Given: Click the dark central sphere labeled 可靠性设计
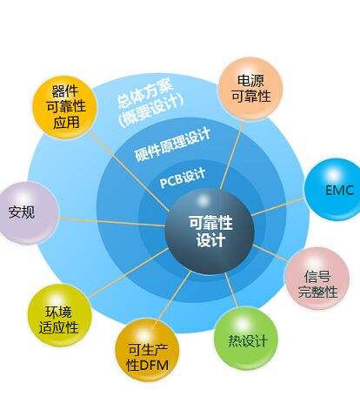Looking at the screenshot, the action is pyautogui.click(x=210, y=232).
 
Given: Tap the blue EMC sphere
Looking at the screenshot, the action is pyautogui.click(x=333, y=189).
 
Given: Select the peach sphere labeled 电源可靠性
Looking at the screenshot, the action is pyautogui.click(x=250, y=89).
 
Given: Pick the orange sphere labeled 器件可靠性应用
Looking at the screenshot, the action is pyautogui.click(x=64, y=107).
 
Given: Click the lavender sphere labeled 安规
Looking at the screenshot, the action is pyautogui.click(x=29, y=212).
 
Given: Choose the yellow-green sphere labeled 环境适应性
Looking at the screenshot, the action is pyautogui.click(x=60, y=315).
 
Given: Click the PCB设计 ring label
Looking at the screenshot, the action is pyautogui.click(x=183, y=178).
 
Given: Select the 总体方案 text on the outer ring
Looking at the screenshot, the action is pyautogui.click(x=145, y=92).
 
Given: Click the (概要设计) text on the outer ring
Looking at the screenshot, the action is pyautogui.click(x=151, y=111).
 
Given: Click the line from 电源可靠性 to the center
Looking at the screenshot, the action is pyautogui.click(x=232, y=155).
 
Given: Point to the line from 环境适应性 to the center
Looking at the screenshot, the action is pyautogui.click(x=130, y=273).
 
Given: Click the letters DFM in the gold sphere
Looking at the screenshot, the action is pyautogui.click(x=153, y=365).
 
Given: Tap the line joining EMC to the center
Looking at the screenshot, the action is pyautogui.click(x=278, y=206).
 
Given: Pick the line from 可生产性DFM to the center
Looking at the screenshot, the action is pyautogui.click(x=173, y=296).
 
